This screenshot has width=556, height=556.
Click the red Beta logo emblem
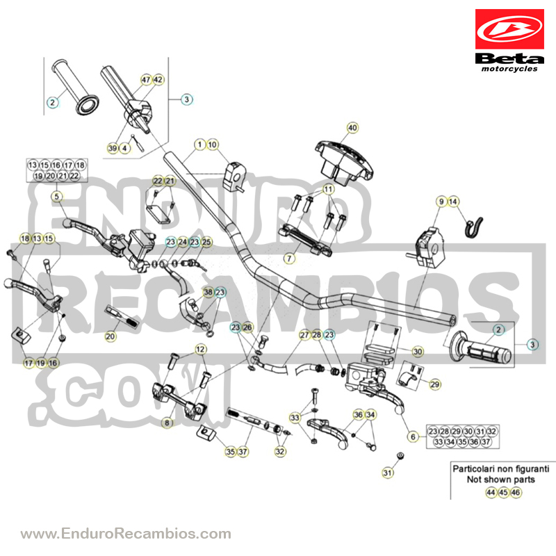coord(509,29)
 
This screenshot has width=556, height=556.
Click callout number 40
coord(352,128)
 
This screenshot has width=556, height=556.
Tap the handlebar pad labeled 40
coord(344,163)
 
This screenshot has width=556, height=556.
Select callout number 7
coord(289,259)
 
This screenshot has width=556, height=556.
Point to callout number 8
coord(167,423)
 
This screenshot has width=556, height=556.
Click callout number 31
coord(388,473)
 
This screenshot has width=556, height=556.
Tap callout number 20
coord(111,336)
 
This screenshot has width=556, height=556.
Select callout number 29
coord(435,384)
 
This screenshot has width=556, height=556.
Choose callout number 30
coord(418,352)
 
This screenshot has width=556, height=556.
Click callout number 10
coord(212,145)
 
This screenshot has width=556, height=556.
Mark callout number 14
coord(453,202)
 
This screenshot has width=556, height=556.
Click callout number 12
coord(200,350)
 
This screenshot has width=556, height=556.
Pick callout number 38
coord(208,292)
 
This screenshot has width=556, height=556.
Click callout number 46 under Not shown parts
coord(516,493)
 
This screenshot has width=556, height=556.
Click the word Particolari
coord(473,468)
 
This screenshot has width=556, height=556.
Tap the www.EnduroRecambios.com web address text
coord(126,534)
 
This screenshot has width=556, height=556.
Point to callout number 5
coord(57,196)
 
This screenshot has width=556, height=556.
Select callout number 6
coord(413,436)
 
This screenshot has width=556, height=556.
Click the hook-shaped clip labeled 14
coord(474,227)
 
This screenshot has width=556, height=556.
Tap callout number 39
coord(113,148)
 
